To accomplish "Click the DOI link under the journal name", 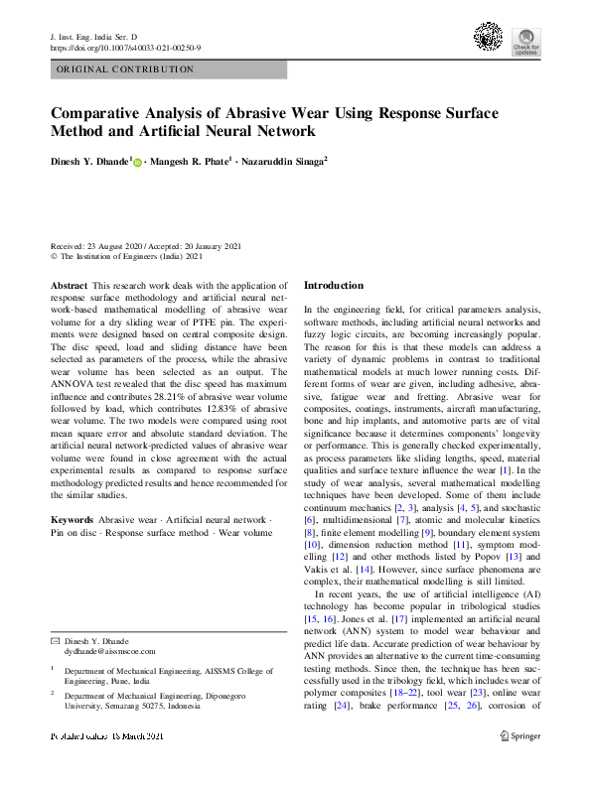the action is pos(125,47).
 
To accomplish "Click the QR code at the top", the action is pos(488,38).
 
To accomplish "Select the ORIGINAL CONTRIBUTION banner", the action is pos(168,70).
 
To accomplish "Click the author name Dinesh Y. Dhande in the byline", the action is pos(90,161).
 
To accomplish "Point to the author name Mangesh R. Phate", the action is pos(192,161).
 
